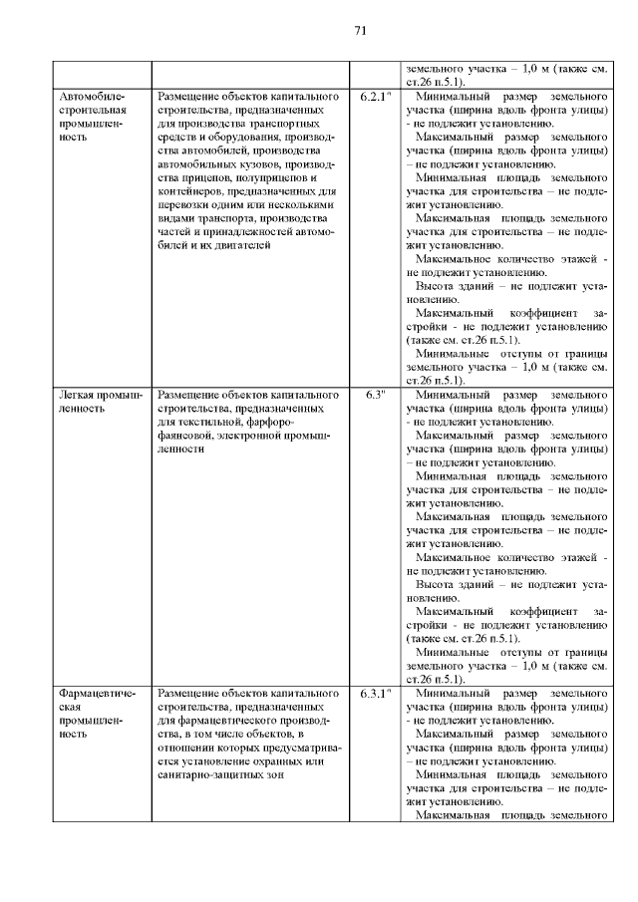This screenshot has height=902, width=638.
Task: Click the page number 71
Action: point(361,31)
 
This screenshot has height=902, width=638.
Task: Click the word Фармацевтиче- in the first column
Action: point(97,691)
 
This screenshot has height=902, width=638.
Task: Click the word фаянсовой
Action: point(187,436)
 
